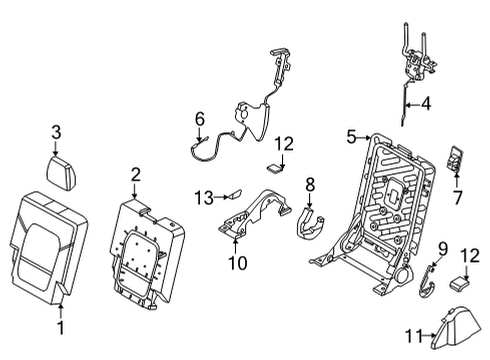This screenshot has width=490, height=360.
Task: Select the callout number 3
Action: (x=57, y=131)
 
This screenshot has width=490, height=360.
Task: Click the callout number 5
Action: (x=352, y=137)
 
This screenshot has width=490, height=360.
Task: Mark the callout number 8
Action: (x=310, y=184)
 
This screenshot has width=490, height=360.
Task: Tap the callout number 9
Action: (x=442, y=247)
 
